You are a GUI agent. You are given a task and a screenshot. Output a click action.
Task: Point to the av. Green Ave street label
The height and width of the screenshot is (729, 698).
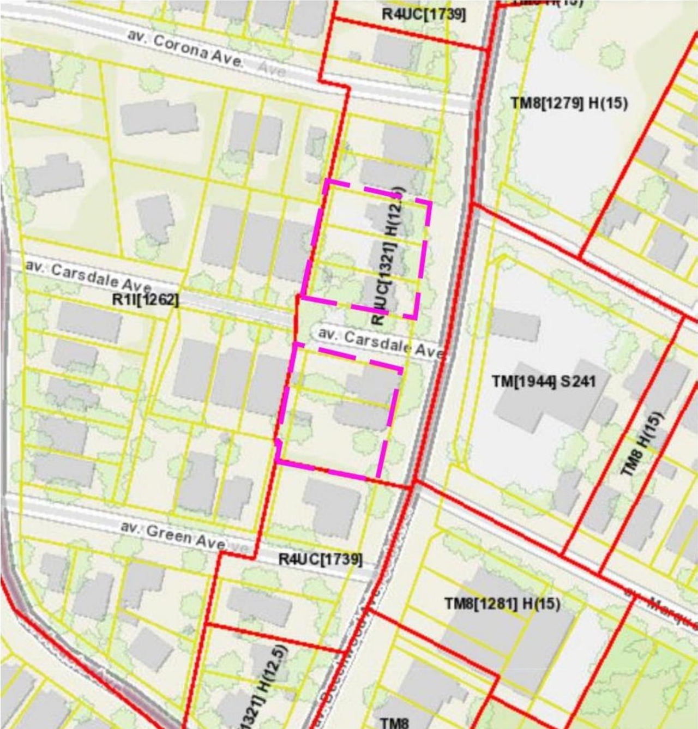[x=172, y=535]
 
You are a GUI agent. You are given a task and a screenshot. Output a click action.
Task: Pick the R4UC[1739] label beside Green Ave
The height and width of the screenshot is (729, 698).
[x=320, y=559]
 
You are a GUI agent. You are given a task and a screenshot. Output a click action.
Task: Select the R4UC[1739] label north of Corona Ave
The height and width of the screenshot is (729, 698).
[x=423, y=14]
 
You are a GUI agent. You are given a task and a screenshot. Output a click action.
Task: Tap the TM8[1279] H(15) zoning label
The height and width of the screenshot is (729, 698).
[x=569, y=103]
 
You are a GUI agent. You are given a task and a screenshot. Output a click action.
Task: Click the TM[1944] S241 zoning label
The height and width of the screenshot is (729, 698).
[x=544, y=381]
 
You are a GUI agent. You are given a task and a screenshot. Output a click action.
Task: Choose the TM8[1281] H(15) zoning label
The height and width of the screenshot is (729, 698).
[x=502, y=604]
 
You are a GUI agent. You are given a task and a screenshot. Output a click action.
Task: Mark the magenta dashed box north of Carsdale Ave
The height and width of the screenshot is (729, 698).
[x=365, y=249]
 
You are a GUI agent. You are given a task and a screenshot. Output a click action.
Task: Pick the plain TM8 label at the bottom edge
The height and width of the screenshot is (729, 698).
[x=394, y=722]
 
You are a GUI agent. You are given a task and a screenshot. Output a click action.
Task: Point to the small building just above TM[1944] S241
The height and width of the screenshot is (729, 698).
[x=515, y=325]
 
